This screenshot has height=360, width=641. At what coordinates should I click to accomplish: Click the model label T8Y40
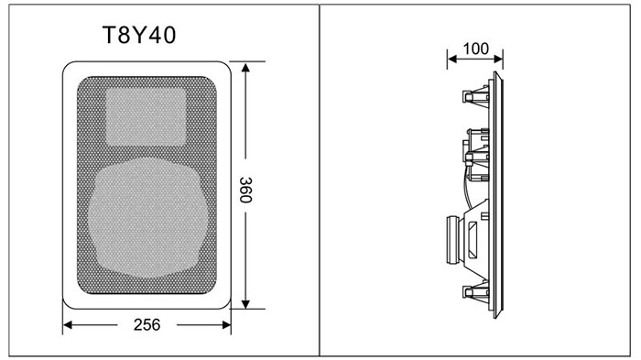click(x=139, y=35)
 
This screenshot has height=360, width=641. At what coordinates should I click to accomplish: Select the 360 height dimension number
click(x=245, y=190)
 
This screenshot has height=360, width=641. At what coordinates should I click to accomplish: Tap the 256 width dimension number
click(x=147, y=325)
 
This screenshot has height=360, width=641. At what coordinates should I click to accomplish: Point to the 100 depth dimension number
click(x=476, y=49)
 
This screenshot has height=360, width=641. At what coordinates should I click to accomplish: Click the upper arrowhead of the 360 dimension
click(x=245, y=68)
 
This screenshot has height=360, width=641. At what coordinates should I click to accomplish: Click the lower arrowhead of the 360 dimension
click(x=245, y=304)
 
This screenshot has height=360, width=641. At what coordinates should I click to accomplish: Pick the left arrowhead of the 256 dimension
click(x=68, y=325)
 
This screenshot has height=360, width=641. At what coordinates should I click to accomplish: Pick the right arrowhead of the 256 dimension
click(x=226, y=325)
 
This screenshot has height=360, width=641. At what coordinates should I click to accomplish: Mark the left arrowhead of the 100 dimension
click(x=451, y=59)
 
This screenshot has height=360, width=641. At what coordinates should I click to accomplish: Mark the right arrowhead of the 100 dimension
click(x=498, y=59)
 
